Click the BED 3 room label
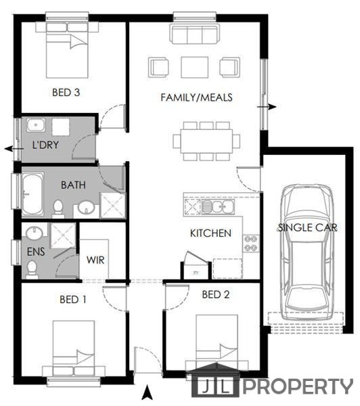tap(66, 93)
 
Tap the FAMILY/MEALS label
tap(196, 97)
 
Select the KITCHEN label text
tap(210, 233)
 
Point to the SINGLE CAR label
tap(307, 227)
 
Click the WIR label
tap(95, 260)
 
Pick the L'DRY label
tap(45, 145)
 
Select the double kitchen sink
tap(219, 206)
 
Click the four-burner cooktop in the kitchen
tap(251, 244)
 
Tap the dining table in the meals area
tap(206, 141)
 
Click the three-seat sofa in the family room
tap(195, 34)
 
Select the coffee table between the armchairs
tap(195, 67)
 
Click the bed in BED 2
tap(217, 344)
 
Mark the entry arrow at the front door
tap(147, 392)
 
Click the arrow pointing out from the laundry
tap(14, 149)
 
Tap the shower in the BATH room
tap(112, 206)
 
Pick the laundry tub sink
tap(36, 125)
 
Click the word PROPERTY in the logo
tap(298, 387)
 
